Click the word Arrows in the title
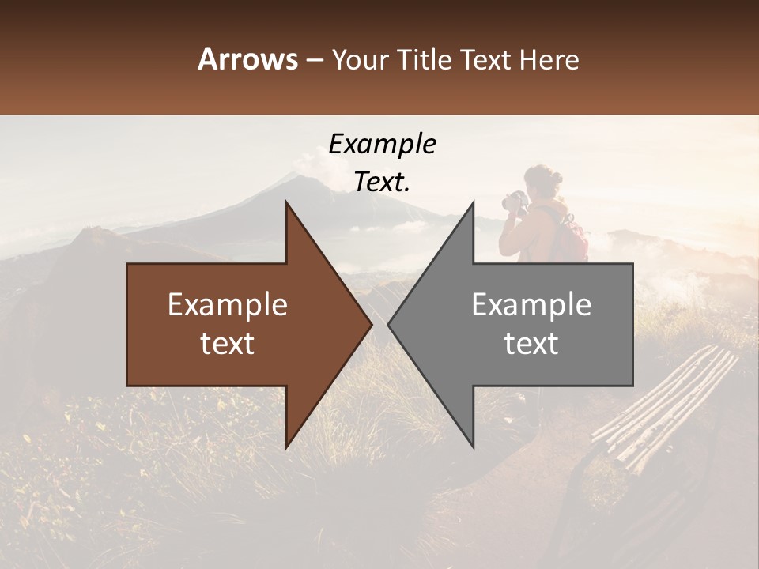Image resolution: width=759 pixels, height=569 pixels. click(247, 60)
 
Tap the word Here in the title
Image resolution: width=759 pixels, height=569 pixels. click(548, 60)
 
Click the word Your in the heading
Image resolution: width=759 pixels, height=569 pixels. click(360, 60)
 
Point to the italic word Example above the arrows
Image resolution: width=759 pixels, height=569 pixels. click(382, 145)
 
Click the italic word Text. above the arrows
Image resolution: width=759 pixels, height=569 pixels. click(382, 183)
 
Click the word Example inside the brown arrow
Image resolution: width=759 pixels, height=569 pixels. click(228, 305)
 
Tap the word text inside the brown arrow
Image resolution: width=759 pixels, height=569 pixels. click(228, 344)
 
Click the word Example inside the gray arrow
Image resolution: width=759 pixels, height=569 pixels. click(531, 305)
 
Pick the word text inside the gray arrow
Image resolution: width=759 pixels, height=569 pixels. click(531, 344)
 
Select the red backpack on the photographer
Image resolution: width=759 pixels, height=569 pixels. click(572, 237)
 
